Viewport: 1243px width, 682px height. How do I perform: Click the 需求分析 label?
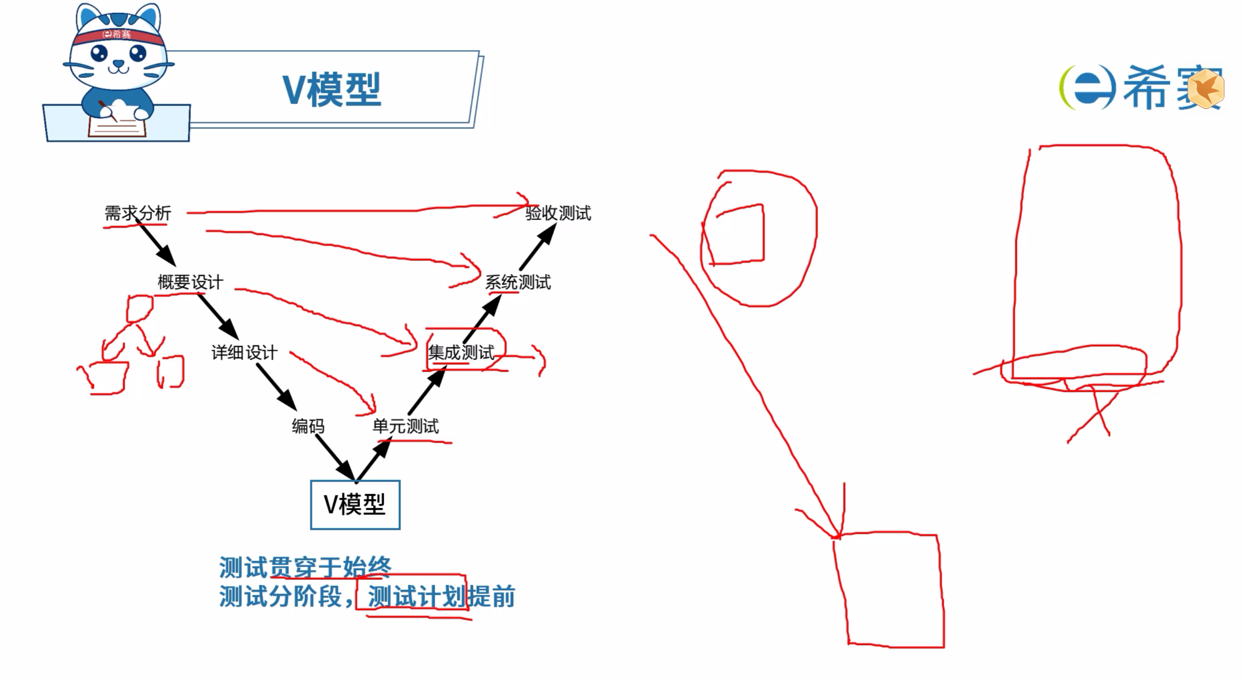(x=138, y=213)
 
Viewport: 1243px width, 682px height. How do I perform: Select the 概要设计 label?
(x=190, y=282)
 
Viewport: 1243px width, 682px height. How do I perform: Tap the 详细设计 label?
(x=244, y=352)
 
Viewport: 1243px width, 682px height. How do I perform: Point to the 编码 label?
(x=308, y=426)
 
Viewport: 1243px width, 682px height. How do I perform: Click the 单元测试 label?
(x=405, y=426)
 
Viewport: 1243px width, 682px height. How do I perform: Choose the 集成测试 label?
(x=461, y=352)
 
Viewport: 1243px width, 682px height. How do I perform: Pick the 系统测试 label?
(x=518, y=282)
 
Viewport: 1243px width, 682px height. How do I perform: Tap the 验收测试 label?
(x=558, y=213)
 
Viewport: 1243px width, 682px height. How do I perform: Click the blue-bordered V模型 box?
(x=355, y=504)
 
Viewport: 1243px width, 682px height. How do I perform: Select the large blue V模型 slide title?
(x=331, y=90)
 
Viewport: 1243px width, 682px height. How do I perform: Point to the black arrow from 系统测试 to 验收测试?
(x=537, y=247)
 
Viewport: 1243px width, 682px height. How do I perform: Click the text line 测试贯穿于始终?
(x=305, y=568)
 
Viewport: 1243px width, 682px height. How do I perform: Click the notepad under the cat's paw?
(x=117, y=126)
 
